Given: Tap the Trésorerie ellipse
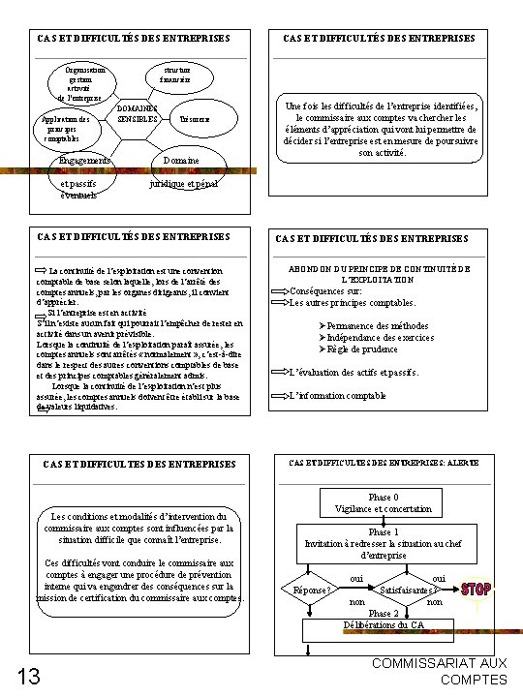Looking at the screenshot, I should [x=194, y=118].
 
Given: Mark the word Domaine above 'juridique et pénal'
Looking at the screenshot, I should [x=181, y=160].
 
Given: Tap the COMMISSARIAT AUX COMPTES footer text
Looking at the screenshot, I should [x=446, y=670].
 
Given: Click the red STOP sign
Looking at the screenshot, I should [x=476, y=589].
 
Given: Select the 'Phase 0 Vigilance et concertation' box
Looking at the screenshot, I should [x=384, y=502].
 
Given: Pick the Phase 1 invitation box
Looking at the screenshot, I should [x=384, y=544].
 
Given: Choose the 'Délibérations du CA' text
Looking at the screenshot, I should [x=384, y=624].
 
